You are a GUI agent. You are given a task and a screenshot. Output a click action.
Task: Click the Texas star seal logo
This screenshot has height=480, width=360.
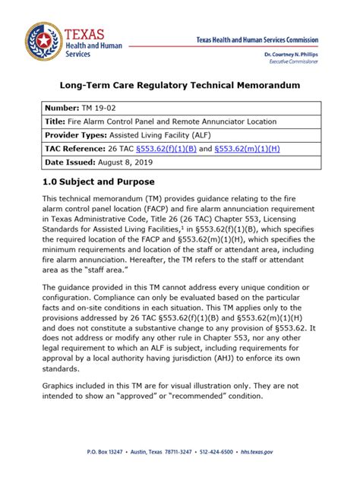point(43,43)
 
